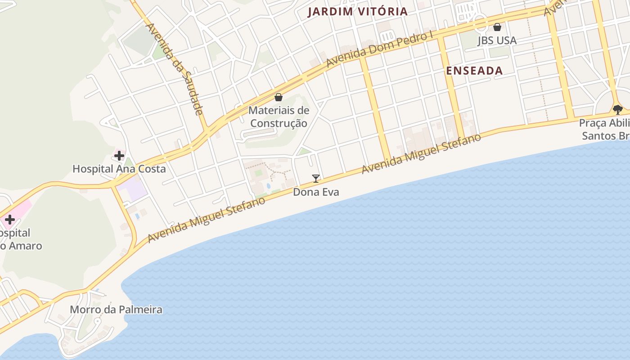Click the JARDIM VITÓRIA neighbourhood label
(x=358, y=12)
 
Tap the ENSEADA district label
(x=474, y=71)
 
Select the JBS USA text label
(x=497, y=40)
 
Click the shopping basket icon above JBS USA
(x=497, y=27)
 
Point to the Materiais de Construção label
(x=279, y=117)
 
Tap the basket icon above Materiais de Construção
(x=279, y=97)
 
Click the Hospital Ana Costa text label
(x=119, y=169)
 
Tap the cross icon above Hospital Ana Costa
(x=119, y=156)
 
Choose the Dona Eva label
(x=316, y=192)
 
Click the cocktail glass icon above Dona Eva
(x=316, y=179)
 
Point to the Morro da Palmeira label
(x=116, y=310)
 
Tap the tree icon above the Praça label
(x=617, y=109)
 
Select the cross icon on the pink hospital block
(x=9, y=220)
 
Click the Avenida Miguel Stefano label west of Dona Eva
(x=207, y=220)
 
